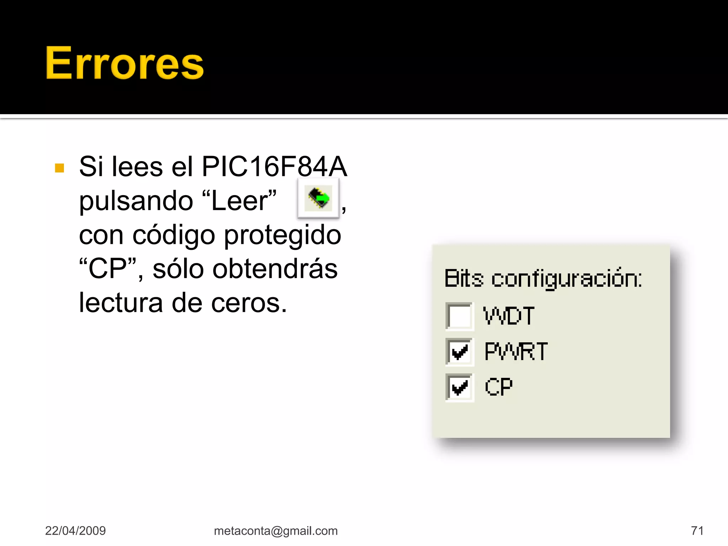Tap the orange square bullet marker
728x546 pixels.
coord(60,168)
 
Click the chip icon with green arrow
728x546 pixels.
coord(318,198)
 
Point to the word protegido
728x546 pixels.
coord(283,235)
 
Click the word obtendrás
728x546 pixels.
coord(245,269)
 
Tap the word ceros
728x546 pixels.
coord(249,303)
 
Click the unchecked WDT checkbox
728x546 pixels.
coord(460,316)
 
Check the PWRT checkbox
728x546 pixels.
coord(460,352)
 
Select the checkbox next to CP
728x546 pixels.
coord(460,387)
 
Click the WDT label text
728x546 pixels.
coord(509,316)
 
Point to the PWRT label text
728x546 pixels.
coord(516,351)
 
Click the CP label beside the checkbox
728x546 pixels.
coord(499,387)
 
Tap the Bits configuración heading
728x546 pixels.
coord(543,278)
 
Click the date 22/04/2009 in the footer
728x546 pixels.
coord(75,531)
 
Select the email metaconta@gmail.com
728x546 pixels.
coord(276,531)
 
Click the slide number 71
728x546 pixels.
coord(697,531)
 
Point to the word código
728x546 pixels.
coord(174,235)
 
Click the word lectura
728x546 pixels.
coord(121,303)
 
